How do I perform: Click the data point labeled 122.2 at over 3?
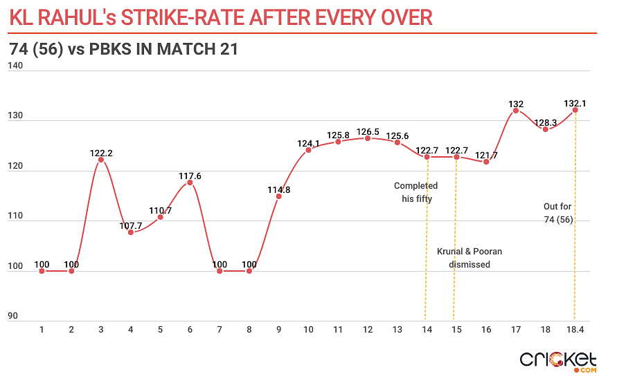(101, 160)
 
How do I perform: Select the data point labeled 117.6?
(190, 183)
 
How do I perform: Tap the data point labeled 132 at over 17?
(516, 111)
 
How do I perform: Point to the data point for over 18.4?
(575, 110)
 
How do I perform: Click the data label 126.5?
(368, 131)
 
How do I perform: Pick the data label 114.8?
(279, 189)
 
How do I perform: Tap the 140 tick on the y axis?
(15, 66)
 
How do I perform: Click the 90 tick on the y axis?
(12, 317)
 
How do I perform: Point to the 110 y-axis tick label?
(15, 216)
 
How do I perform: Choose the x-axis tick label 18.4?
(575, 330)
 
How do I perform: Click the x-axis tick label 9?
(279, 330)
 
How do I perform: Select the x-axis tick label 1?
(42, 330)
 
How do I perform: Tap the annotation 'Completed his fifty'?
(415, 192)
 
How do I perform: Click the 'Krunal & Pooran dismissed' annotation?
(470, 258)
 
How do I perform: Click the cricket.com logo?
(558, 361)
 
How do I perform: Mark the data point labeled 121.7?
(486, 162)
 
